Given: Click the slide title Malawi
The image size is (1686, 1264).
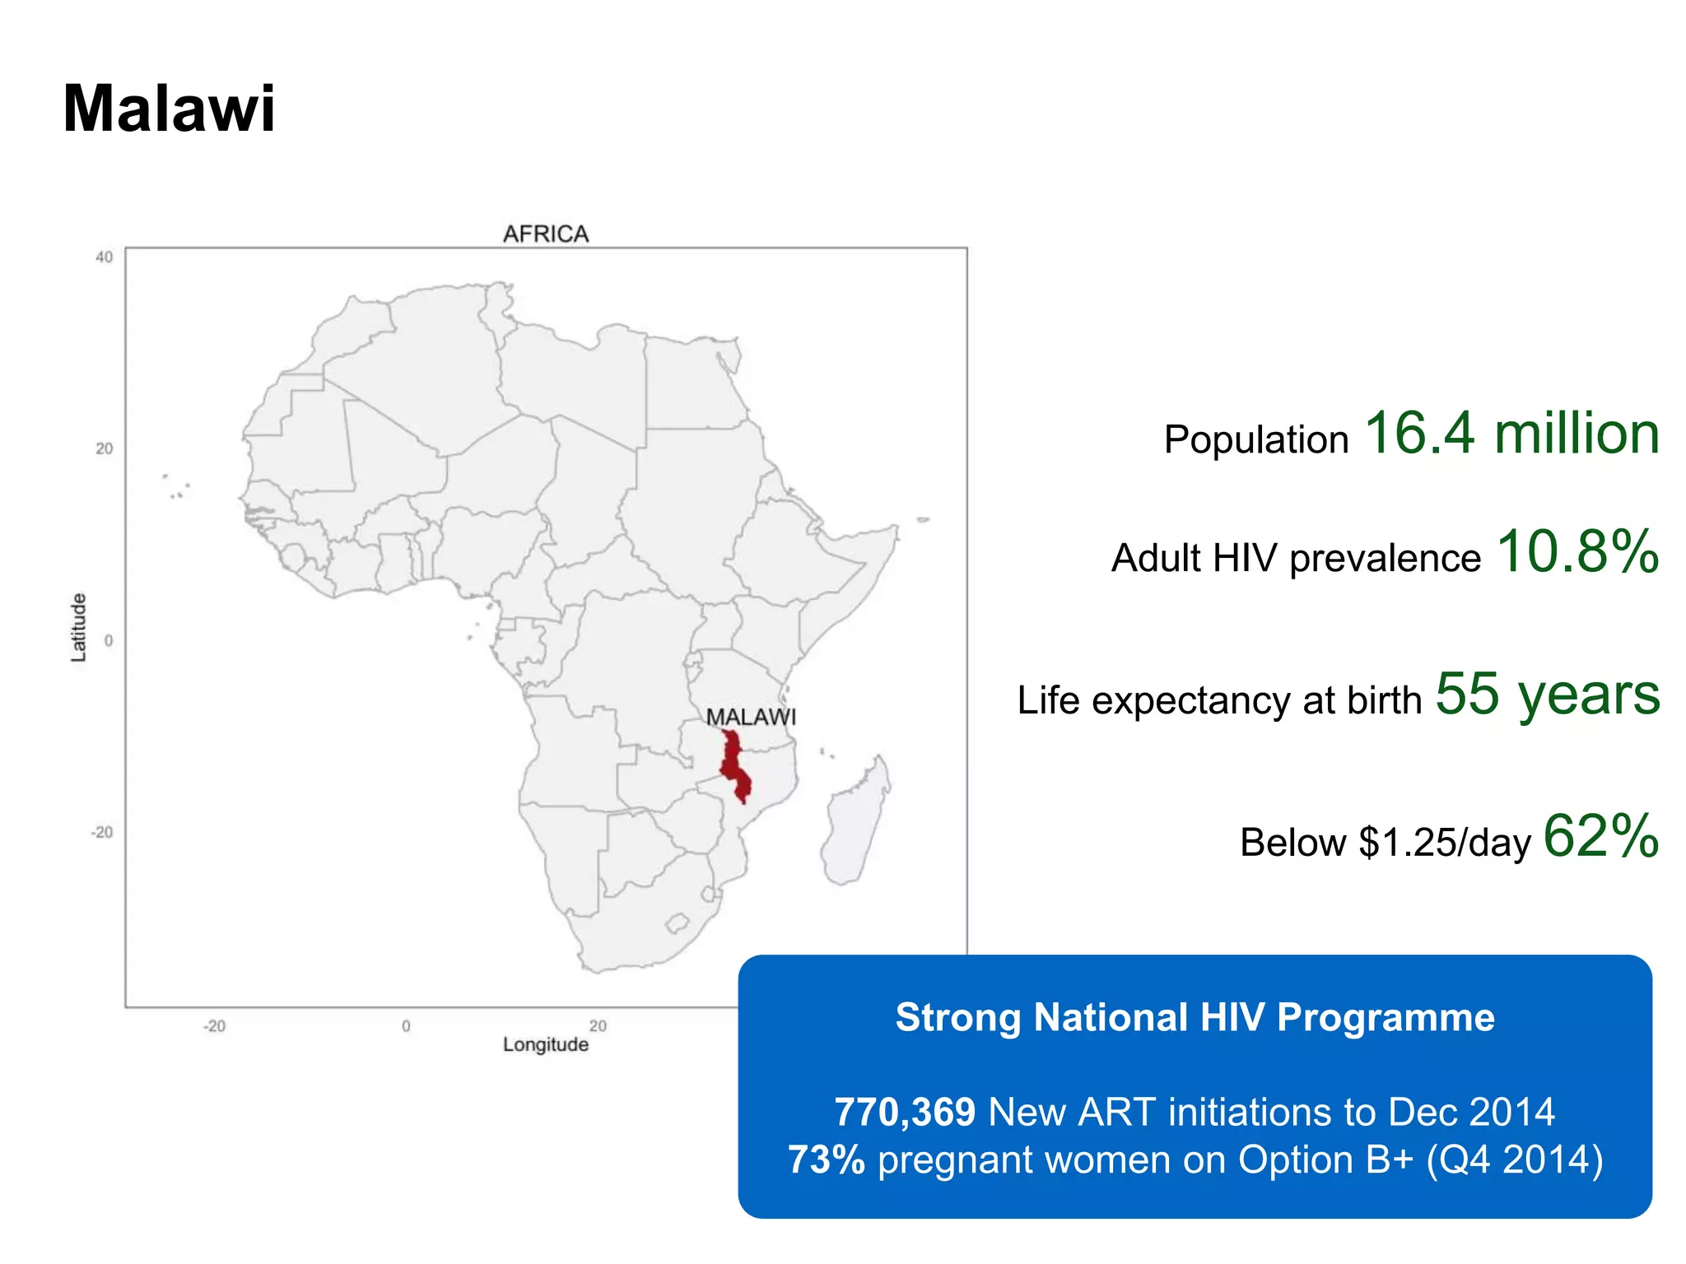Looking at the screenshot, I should [x=169, y=109].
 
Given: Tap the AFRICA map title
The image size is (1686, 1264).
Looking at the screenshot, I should [x=546, y=235].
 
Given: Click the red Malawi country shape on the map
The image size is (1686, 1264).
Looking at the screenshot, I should [x=734, y=765].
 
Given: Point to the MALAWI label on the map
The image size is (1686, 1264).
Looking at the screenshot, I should [x=751, y=718].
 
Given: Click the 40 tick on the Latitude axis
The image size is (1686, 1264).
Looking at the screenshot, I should [x=104, y=258].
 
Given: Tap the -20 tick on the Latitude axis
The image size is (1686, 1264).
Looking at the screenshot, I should [x=102, y=833].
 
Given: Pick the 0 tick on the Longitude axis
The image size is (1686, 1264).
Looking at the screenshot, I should [x=406, y=1026].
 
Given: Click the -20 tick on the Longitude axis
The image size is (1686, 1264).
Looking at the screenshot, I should [x=214, y=1026].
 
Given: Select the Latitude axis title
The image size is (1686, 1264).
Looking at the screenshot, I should [x=78, y=627].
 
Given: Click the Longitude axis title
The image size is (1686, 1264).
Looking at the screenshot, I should [x=546, y=1045].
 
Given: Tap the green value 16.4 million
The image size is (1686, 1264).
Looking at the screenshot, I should [x=1511, y=433].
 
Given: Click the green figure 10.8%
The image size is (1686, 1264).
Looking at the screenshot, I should [x=1577, y=551].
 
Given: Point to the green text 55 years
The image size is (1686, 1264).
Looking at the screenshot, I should [x=1548, y=695].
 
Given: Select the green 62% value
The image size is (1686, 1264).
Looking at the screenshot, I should [x=1600, y=836].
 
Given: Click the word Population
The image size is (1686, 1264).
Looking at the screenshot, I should [x=1256, y=439].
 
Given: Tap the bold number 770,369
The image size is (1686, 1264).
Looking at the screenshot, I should [x=905, y=1112].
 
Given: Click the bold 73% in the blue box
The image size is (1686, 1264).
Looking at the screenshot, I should [x=827, y=1159].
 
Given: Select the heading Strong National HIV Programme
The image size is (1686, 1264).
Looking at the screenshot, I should [x=1195, y=1017].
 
